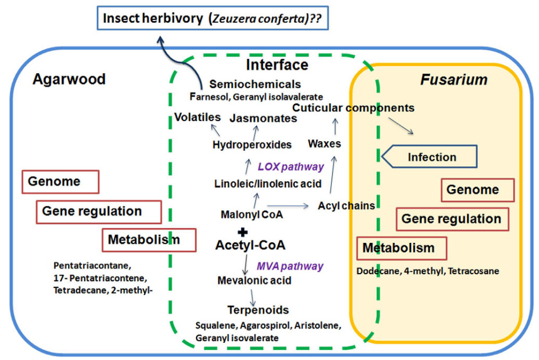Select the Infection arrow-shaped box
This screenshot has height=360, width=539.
pyautogui.click(x=429, y=157)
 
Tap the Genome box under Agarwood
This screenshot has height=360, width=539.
pyautogui.click(x=61, y=182)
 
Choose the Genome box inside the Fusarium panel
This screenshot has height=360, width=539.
pyautogui.click(x=478, y=190)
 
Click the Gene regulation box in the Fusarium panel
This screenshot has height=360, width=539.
pyautogui.click(x=452, y=219)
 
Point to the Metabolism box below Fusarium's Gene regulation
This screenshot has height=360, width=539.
pyautogui.click(x=401, y=249)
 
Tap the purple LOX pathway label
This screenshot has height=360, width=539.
pyautogui.click(x=291, y=167)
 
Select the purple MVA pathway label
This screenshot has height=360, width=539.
pyautogui.click(x=290, y=266)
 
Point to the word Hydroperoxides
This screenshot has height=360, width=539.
pyautogui.click(x=252, y=145)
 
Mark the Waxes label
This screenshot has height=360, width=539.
pyautogui.click(x=324, y=143)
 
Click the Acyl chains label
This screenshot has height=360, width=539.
pyautogui.click(x=346, y=206)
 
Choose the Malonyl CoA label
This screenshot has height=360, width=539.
pyautogui.click(x=251, y=215)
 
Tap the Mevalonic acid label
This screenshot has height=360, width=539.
pyautogui.click(x=254, y=281)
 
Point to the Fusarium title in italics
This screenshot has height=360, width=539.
pyautogui.click(x=454, y=80)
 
